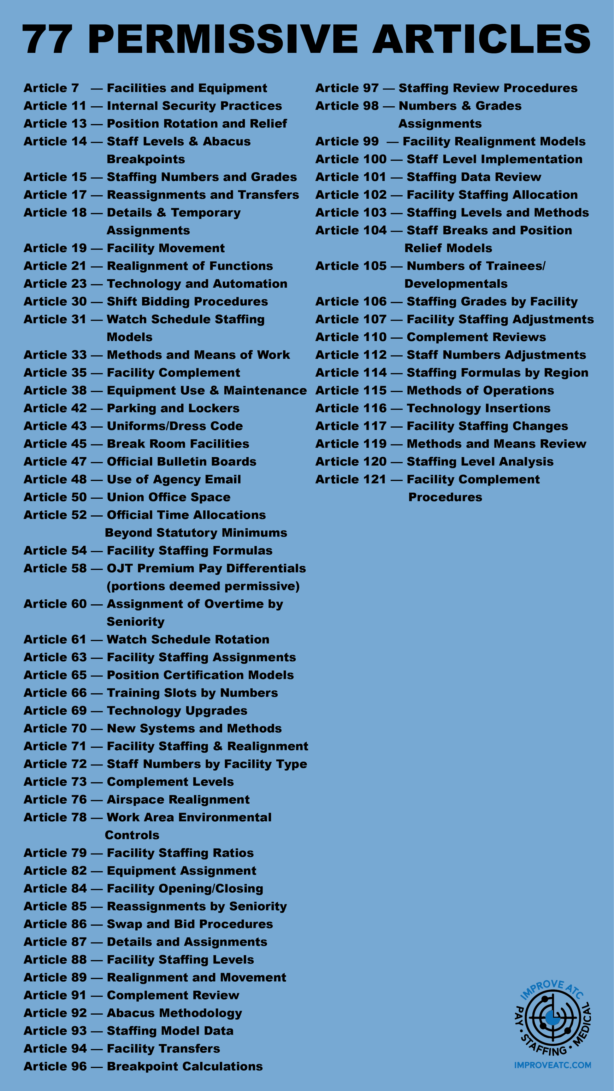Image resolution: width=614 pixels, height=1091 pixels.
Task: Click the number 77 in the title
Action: point(47,39)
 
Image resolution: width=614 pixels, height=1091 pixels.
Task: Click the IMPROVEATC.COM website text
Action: point(552,1065)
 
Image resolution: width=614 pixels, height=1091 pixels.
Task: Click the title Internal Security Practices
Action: point(194,106)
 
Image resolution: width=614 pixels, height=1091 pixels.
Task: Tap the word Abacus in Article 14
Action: point(227,141)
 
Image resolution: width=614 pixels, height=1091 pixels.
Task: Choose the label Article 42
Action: point(55,408)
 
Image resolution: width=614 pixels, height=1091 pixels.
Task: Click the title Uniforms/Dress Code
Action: point(174,426)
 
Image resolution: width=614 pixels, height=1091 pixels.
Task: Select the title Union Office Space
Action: point(169,497)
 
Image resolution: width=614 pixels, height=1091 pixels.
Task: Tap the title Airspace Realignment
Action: point(178,800)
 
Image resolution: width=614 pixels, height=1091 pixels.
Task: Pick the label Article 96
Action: point(55,1066)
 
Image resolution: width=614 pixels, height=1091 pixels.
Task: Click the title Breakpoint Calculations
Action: point(185,1066)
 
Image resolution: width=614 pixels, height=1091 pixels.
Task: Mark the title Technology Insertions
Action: point(478,408)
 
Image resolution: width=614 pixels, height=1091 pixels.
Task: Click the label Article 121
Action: point(351,479)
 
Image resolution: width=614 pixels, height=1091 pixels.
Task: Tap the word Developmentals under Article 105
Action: point(456,284)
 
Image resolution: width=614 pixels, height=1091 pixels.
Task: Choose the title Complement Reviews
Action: point(476,337)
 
